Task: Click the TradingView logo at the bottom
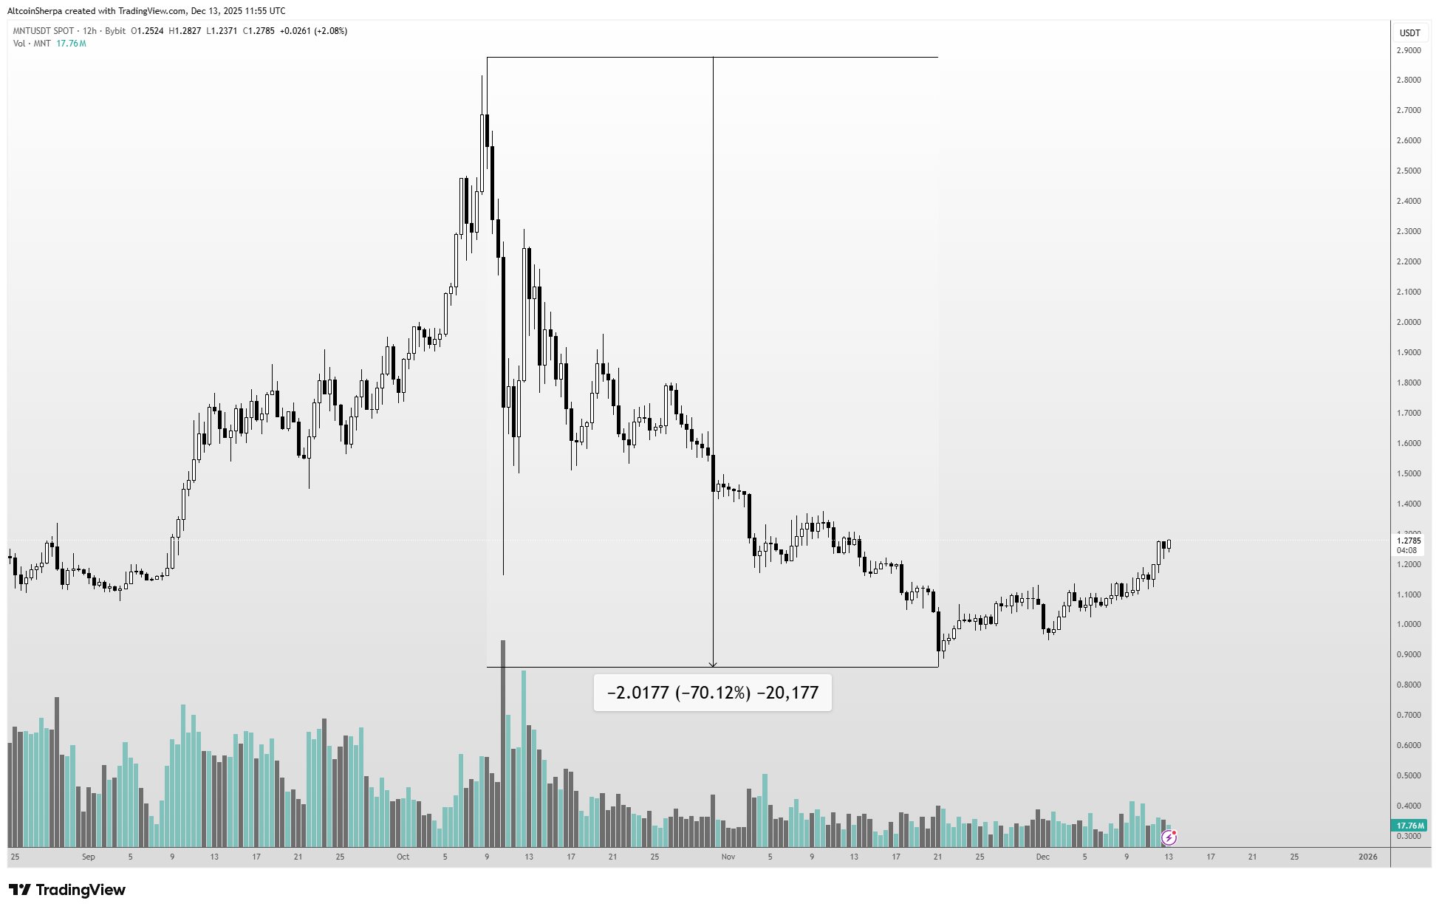click(x=67, y=890)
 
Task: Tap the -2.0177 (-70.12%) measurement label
click(x=712, y=693)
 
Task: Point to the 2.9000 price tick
click(x=1409, y=50)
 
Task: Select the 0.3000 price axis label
click(x=1409, y=836)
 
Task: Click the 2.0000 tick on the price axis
click(x=1409, y=322)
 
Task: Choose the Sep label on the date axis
click(x=89, y=857)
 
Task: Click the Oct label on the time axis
click(x=403, y=857)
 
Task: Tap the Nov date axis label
click(x=728, y=857)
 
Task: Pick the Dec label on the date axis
click(x=1042, y=857)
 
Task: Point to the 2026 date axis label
click(x=1368, y=857)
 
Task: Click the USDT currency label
click(x=1409, y=32)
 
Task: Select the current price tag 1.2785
click(x=1409, y=541)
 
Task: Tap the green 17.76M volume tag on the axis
click(x=1409, y=826)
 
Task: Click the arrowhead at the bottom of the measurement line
click(x=713, y=664)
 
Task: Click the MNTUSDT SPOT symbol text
click(x=44, y=31)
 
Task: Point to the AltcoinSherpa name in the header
click(x=35, y=11)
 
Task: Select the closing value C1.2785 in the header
click(x=259, y=31)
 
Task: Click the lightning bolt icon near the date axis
click(x=1169, y=837)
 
